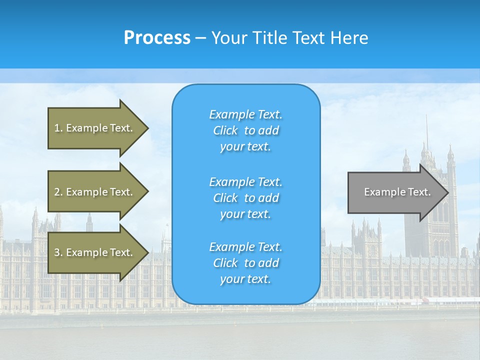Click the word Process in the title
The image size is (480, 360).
pos(157,38)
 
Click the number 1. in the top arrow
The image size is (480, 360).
pos(58,128)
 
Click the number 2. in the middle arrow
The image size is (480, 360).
pos(58,192)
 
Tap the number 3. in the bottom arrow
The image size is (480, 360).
pos(58,252)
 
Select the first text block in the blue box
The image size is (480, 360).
pos(245,130)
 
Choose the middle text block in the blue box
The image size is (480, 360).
pos(245,198)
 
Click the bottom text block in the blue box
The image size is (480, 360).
pos(245,263)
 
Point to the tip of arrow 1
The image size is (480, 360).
pos(148,128)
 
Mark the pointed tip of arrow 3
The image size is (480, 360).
pos(148,252)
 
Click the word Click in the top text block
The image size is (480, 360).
pos(225,130)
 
